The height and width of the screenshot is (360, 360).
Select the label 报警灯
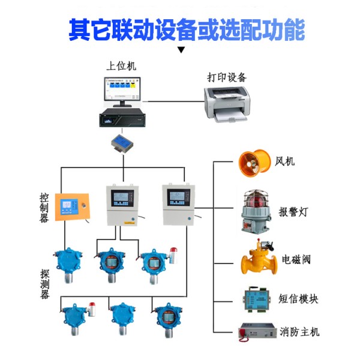click(x=291, y=211)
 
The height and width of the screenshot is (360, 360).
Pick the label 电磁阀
click(x=296, y=260)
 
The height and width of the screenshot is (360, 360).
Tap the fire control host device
click(x=255, y=331)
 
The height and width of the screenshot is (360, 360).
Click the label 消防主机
click(x=299, y=331)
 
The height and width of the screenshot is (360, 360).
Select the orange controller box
click(x=71, y=208)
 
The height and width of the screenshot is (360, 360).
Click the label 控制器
click(x=44, y=208)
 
